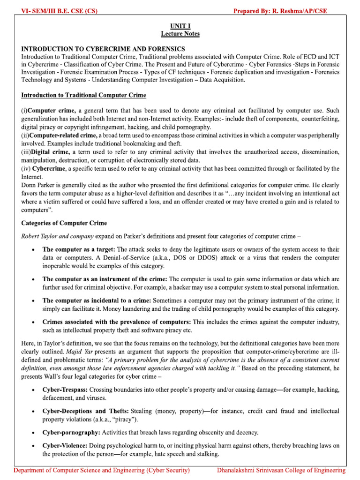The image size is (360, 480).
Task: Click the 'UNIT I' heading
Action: pyautogui.click(x=180, y=26)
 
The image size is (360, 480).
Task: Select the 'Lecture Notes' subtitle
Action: pyautogui.click(x=180, y=34)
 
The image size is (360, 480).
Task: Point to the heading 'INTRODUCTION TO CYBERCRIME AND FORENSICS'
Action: pyautogui.click(x=103, y=49)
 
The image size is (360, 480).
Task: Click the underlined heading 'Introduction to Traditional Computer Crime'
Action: pyautogui.click(x=84, y=95)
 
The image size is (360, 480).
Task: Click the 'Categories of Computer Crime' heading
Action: pyautogui.click(x=64, y=223)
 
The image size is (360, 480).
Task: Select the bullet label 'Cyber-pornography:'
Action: pyautogui.click(x=71, y=432)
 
